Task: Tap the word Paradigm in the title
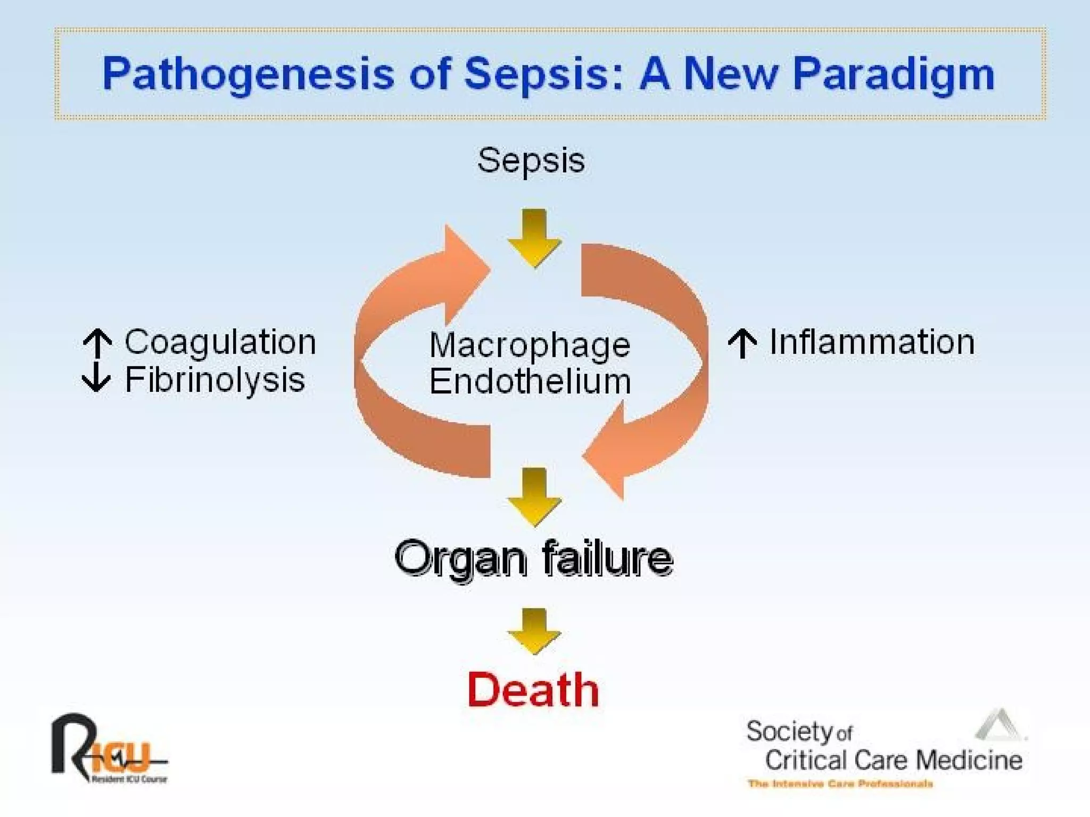pyautogui.click(x=893, y=74)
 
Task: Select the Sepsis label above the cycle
pyautogui.click(x=531, y=161)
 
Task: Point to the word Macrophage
pyautogui.click(x=530, y=346)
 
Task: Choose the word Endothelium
pyautogui.click(x=530, y=382)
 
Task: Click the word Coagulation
pyautogui.click(x=220, y=342)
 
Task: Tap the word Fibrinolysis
pyautogui.click(x=215, y=380)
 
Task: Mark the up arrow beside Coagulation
pyautogui.click(x=97, y=343)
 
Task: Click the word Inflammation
pyautogui.click(x=872, y=342)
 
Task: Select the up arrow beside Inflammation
pyautogui.click(x=742, y=343)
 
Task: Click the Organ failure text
pyautogui.click(x=533, y=558)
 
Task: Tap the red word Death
pyautogui.click(x=533, y=690)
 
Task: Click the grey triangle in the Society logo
pyautogui.click(x=1000, y=726)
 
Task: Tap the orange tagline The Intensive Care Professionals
pyautogui.click(x=840, y=783)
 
